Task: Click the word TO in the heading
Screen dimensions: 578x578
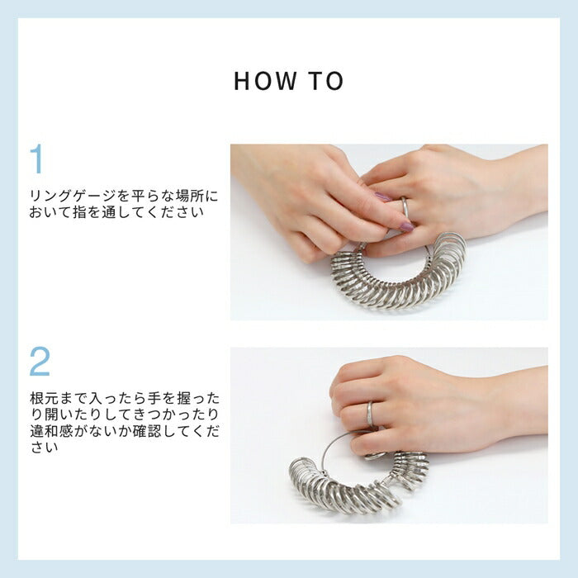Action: (327, 81)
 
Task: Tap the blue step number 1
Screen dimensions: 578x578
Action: (37, 159)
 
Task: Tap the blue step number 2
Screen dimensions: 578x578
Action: (40, 362)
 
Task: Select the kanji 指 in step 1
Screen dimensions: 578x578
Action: (79, 213)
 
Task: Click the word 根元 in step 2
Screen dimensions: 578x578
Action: (45, 399)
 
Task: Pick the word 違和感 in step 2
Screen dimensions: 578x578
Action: (51, 431)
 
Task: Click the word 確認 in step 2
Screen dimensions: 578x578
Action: (146, 431)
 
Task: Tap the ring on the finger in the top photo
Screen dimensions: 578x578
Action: (405, 207)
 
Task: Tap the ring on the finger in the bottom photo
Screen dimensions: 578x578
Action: (370, 414)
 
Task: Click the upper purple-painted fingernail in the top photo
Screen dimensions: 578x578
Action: (383, 197)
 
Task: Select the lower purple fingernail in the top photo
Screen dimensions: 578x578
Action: (406, 226)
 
